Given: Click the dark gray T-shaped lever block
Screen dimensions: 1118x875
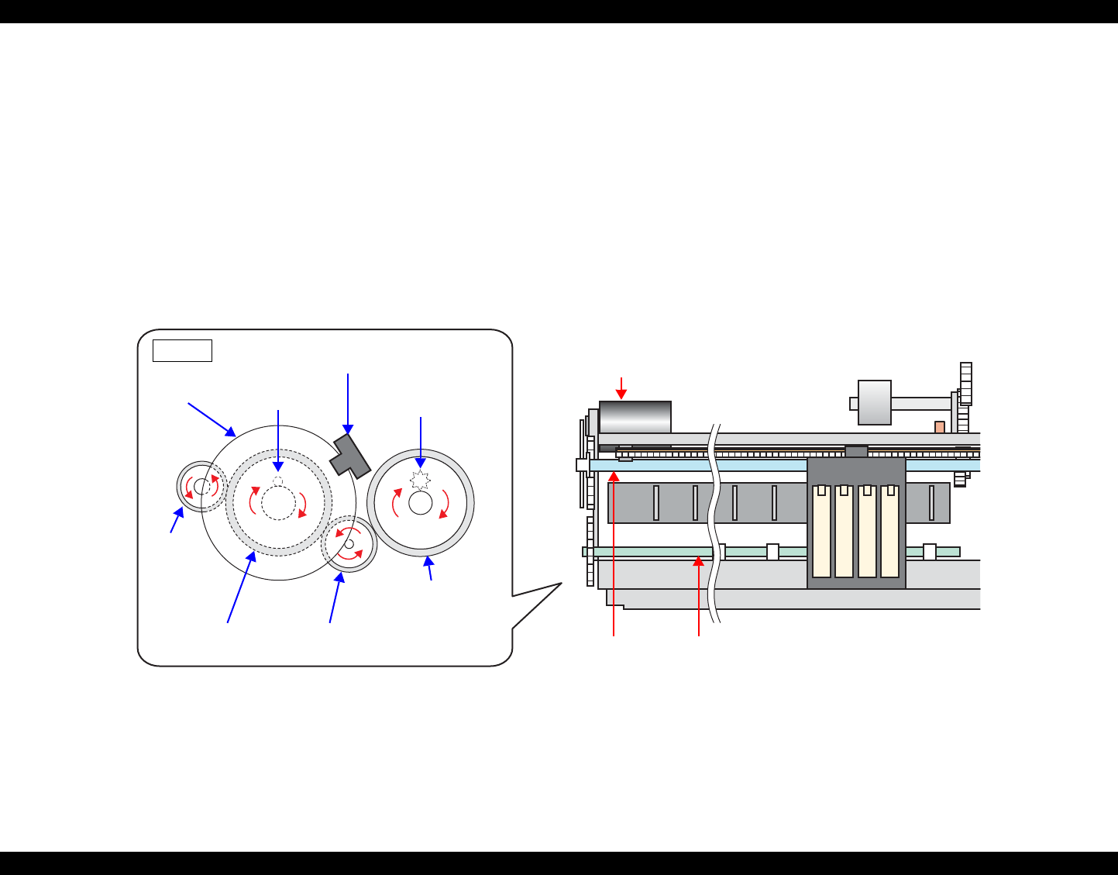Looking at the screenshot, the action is pyautogui.click(x=350, y=456).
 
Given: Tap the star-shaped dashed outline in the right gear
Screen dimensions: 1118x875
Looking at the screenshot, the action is pyautogui.click(x=420, y=480).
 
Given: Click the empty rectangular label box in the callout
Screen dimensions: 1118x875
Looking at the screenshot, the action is pyautogui.click(x=182, y=350).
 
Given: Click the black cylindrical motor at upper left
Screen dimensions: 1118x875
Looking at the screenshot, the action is pyautogui.click(x=635, y=417).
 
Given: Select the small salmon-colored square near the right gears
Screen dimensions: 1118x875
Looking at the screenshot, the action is pyautogui.click(x=939, y=427).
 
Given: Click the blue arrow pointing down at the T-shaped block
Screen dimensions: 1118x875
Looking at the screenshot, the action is pyautogui.click(x=348, y=403).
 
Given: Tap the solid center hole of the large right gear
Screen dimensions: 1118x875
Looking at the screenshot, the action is pyautogui.click(x=420, y=503).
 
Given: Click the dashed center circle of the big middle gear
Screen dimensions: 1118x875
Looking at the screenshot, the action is pyautogui.click(x=278, y=502).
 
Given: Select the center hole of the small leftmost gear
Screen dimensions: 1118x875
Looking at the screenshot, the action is pyautogui.click(x=201, y=487).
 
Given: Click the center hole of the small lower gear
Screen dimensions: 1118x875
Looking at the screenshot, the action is pyautogui.click(x=349, y=544).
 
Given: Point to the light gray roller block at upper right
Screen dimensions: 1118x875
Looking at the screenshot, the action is pyautogui.click(x=875, y=402).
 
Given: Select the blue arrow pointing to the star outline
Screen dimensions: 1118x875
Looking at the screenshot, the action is pyautogui.click(x=421, y=442).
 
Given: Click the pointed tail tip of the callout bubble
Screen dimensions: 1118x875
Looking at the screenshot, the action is pyautogui.click(x=560, y=584).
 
